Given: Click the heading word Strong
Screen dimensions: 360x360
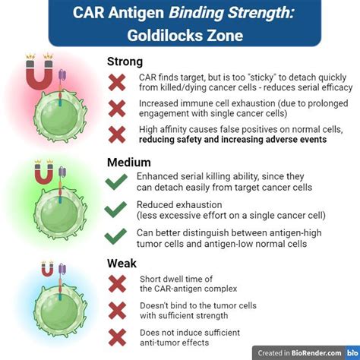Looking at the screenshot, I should pos(126,62).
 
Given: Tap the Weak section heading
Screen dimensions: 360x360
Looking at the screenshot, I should pos(122,263).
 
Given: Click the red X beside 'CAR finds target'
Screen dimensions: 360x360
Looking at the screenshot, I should pos(116,83).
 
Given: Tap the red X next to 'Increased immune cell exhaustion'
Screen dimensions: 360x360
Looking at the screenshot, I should pos(116,109).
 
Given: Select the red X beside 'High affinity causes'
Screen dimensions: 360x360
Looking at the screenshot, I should pos(116,135).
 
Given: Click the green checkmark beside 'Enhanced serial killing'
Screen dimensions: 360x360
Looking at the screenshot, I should pos(116,182).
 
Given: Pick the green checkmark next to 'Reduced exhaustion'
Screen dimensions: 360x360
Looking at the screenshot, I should pos(116,210).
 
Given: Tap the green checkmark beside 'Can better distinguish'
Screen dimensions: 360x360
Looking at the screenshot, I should pos(116,237).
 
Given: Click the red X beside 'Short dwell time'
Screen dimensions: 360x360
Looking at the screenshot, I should pos(116,283).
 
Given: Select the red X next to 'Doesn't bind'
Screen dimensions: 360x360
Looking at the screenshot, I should pos(116,310).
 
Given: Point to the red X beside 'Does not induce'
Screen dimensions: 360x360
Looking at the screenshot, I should pos(116,336).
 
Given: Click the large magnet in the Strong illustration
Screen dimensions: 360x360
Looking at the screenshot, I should pos(40,76).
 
